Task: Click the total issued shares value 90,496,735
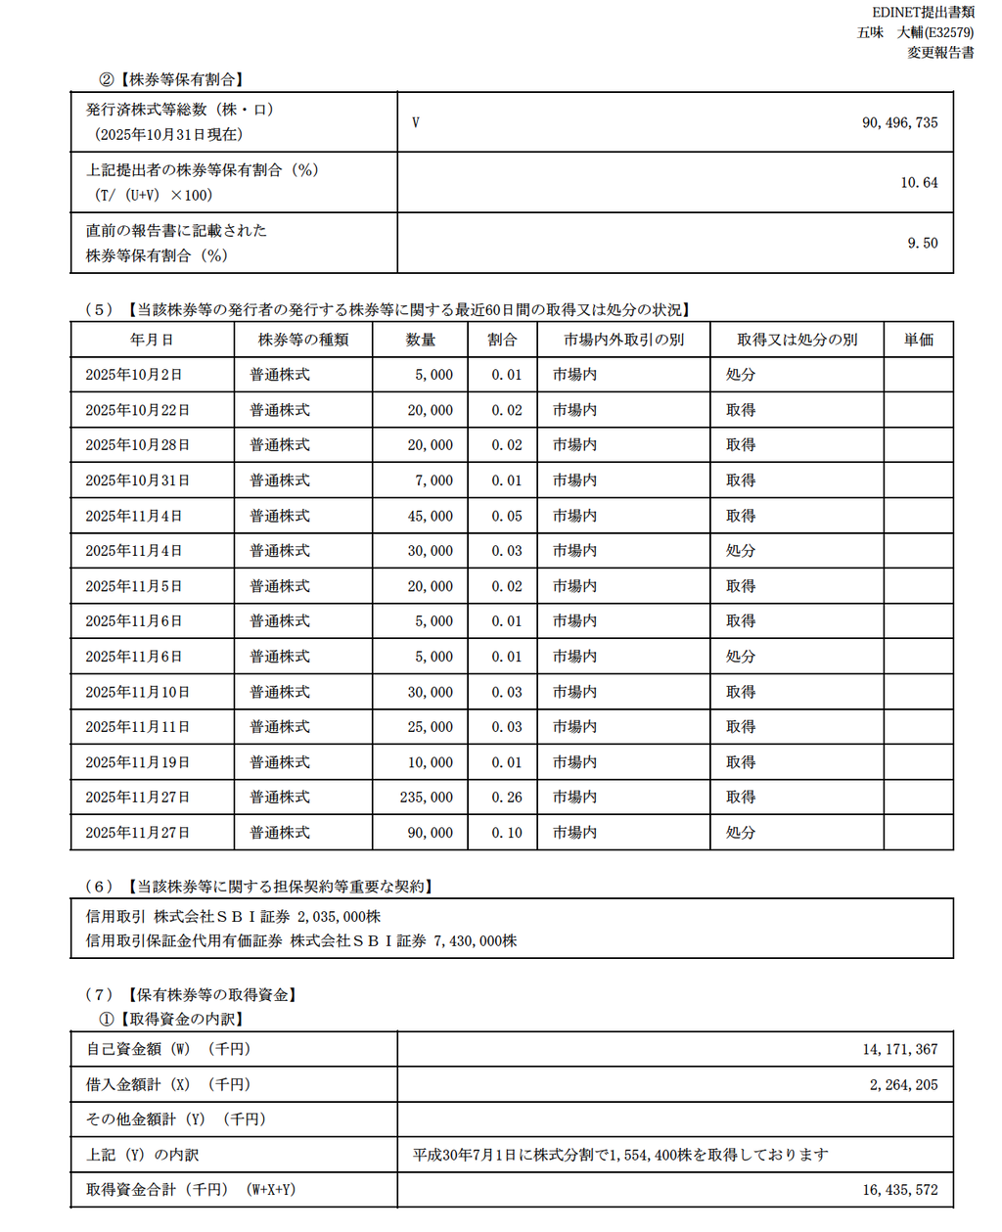899,122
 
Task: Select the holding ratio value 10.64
919,183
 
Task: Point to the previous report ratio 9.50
922,244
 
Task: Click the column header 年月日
152,340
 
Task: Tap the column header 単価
918,340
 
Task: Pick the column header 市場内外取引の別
623,340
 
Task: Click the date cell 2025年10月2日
133,375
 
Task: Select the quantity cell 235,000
427,798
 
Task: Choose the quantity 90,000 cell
431,833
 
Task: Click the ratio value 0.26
507,798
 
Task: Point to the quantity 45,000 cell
431,516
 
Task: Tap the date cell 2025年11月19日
137,762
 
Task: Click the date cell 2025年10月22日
137,410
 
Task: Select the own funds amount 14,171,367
899,1049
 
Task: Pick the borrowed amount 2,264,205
903,1084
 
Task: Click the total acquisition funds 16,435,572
899,1190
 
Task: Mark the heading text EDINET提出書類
923,12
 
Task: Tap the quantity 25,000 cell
431,727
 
